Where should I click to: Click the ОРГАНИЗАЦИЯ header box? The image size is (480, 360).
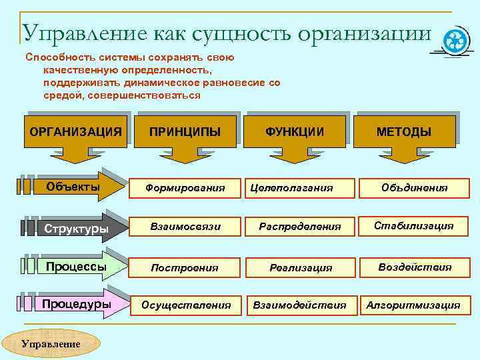click(75, 131)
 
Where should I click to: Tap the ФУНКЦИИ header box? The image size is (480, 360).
click(295, 131)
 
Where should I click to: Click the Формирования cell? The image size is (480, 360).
click(186, 188)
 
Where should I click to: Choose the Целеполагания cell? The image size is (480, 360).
click(291, 188)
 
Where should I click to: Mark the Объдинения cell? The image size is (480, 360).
click(414, 188)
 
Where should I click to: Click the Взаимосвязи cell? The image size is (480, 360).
click(186, 227)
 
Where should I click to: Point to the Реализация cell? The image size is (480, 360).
click(300, 267)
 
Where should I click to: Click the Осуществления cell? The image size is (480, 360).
click(186, 305)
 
